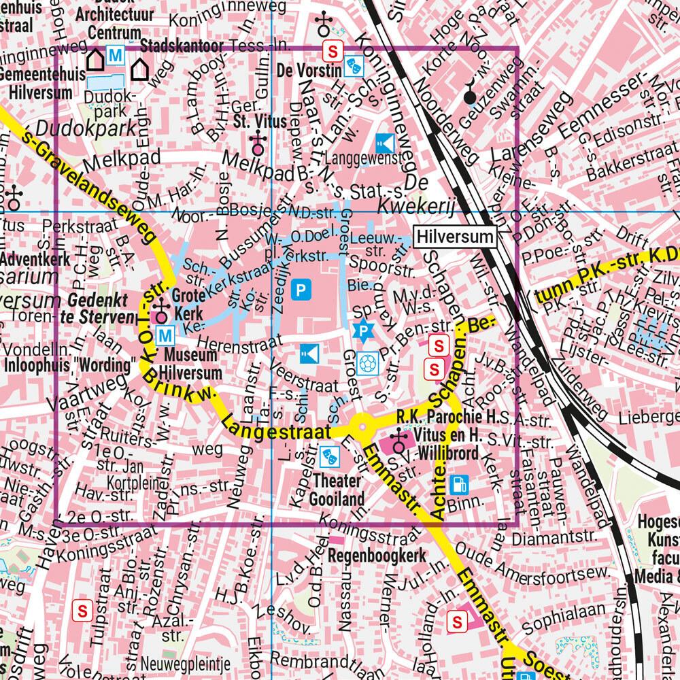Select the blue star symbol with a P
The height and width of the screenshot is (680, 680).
pyautogui.click(x=367, y=331)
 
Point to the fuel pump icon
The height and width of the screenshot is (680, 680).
pyautogui.click(x=460, y=483)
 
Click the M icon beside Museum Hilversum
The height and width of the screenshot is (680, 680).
pyautogui.click(x=164, y=335)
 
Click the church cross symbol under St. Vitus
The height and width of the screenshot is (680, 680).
pyautogui.click(x=257, y=142)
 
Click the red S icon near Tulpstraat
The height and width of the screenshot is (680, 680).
pyautogui.click(x=83, y=610)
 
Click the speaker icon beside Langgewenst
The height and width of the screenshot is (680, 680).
pyautogui.click(x=384, y=143)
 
